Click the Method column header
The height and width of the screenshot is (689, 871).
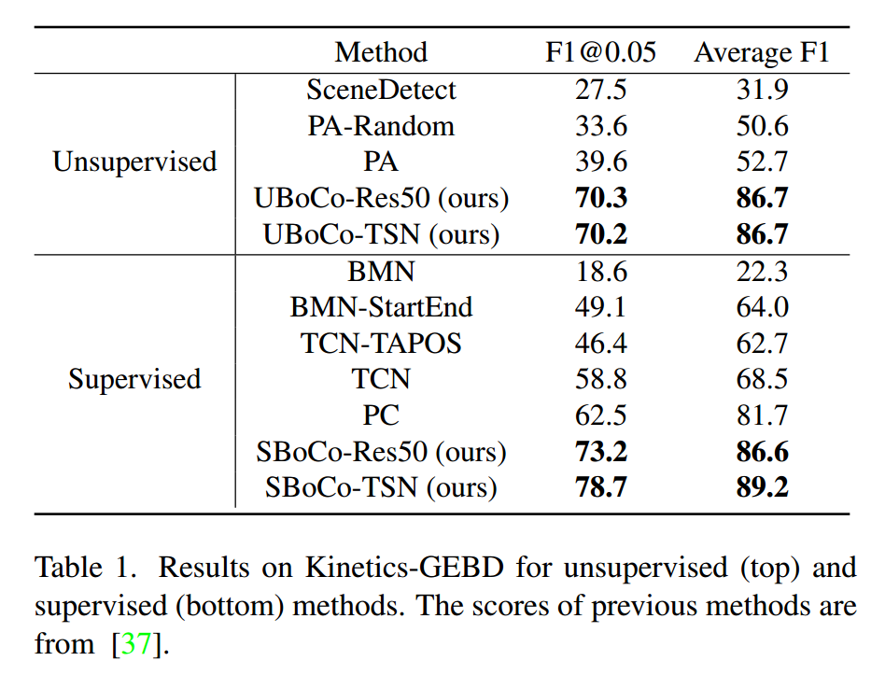coord(381,52)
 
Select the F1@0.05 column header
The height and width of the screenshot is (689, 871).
coord(600,52)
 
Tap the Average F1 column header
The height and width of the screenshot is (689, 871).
coord(762,52)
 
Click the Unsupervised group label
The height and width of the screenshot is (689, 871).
coord(134,162)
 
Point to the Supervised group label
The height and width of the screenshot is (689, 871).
coord(134,379)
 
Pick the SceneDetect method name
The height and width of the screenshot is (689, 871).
coord(381,90)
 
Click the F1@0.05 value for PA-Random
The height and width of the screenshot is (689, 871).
coord(600,126)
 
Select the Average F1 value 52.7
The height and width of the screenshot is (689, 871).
coord(762,162)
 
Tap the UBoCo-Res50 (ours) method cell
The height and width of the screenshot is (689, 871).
coord(381,198)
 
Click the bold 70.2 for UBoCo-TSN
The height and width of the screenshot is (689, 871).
coord(600,234)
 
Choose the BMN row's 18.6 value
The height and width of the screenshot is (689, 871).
coord(600,272)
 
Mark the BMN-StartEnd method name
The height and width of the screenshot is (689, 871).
coord(381,307)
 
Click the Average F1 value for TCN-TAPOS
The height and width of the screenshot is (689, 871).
coord(762,344)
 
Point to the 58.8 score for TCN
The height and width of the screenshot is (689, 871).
coord(600,379)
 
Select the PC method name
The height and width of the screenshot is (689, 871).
coord(381,415)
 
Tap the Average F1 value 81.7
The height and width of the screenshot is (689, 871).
coord(762,415)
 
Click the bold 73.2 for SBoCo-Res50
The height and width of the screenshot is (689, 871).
coord(600,452)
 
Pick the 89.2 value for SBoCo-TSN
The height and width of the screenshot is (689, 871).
coord(762,487)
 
